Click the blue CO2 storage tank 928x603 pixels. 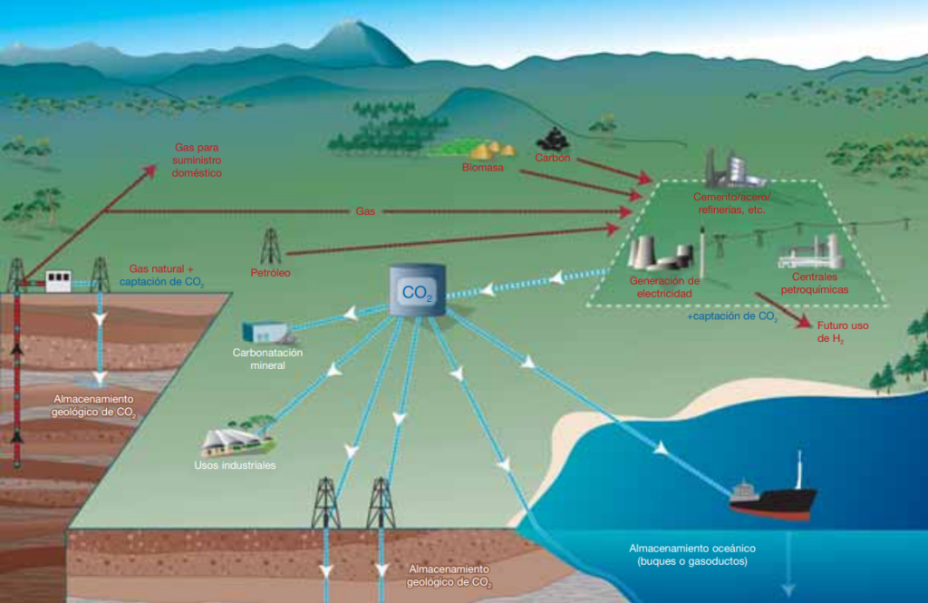(417, 290)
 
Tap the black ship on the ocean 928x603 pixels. (773, 498)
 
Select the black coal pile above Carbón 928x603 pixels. (553, 140)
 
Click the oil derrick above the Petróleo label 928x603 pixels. (271, 246)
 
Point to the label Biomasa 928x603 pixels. (483, 168)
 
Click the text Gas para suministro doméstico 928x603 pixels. (197, 160)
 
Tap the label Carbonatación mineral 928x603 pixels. (267, 359)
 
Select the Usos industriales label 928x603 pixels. (235, 465)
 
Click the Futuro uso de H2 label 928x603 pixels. (842, 332)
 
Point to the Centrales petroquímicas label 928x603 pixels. (815, 283)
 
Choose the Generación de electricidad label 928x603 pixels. (664, 287)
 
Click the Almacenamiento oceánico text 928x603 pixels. (692, 549)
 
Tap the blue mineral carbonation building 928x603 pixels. (266, 332)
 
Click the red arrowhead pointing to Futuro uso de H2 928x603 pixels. (805, 322)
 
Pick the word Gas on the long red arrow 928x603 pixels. (365, 211)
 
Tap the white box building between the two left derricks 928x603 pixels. (58, 281)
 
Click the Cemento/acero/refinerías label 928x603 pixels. (731, 203)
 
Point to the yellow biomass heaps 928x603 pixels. (492, 151)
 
